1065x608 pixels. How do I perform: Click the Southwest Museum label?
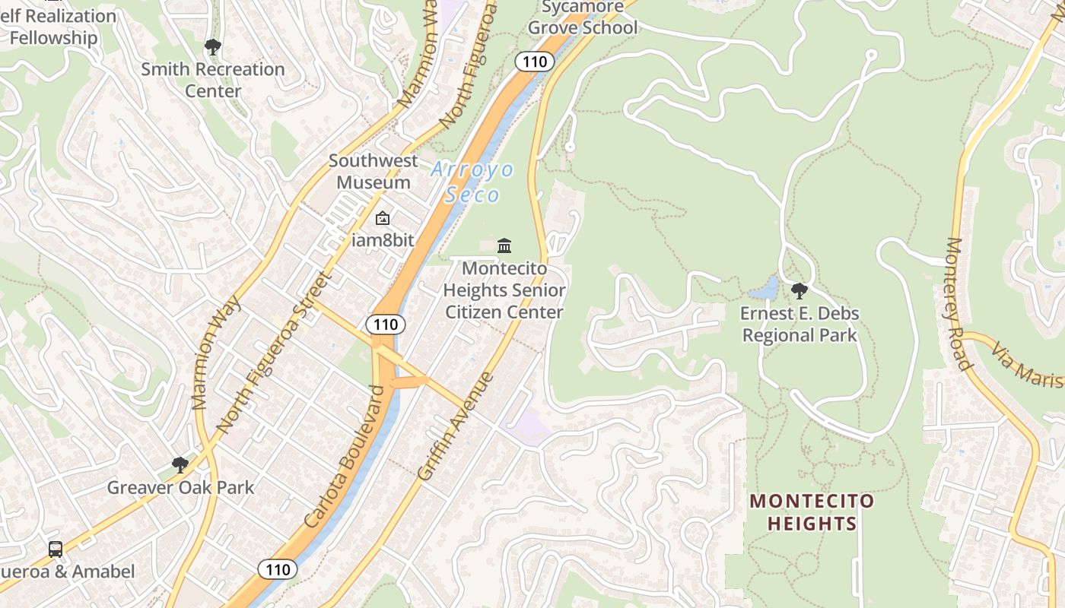coord(374,172)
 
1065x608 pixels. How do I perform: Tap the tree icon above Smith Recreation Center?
coord(213,47)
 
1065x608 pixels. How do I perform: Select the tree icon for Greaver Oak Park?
coord(180,464)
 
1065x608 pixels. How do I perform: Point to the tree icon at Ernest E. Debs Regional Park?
coord(799,290)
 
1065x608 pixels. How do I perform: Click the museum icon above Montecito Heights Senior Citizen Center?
coord(504,245)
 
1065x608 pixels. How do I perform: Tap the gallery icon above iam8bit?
coord(382,219)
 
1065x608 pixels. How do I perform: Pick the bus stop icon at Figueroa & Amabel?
coord(56,549)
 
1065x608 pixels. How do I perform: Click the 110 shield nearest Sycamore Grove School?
coord(534,62)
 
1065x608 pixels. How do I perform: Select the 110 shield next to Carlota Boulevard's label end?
coord(386,325)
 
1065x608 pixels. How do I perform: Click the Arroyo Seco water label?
coord(472,182)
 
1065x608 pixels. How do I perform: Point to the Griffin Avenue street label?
coord(455,426)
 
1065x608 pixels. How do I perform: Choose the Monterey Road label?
coord(959,304)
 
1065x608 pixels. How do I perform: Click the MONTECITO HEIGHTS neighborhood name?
coord(812,512)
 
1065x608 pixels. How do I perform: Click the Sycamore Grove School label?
coord(583,17)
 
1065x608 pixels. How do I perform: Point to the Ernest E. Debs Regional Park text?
coord(800,325)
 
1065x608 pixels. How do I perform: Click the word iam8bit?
coord(383,240)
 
